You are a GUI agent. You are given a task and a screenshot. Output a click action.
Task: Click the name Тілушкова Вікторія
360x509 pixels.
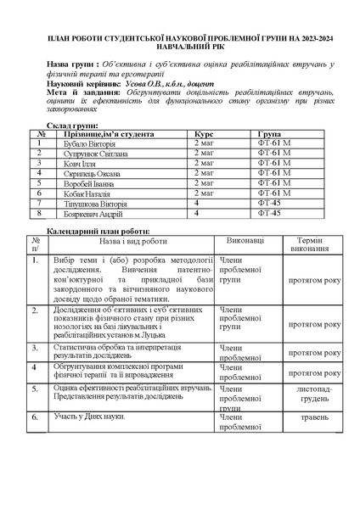coord(95,204)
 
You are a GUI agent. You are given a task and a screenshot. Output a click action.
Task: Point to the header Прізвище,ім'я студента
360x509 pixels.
coord(106,134)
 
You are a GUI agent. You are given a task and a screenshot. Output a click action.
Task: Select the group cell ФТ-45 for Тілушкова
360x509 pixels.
coord(269,204)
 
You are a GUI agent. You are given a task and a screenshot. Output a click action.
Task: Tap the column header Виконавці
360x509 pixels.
coord(245,241)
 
